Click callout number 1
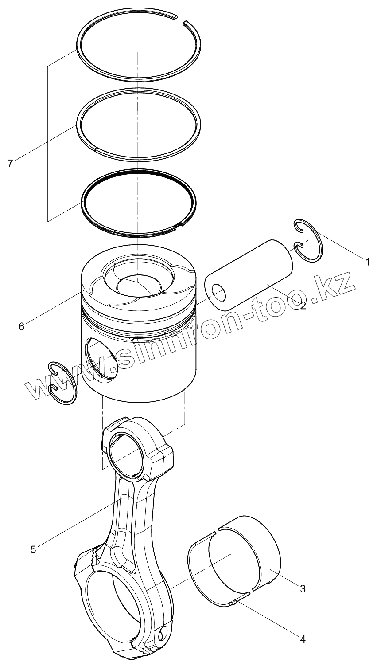tap(367, 262)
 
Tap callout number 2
tap(303, 305)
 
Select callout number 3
tap(303, 588)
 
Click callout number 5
tap(33, 549)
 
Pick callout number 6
tap(21, 326)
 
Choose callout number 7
tap(10, 163)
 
